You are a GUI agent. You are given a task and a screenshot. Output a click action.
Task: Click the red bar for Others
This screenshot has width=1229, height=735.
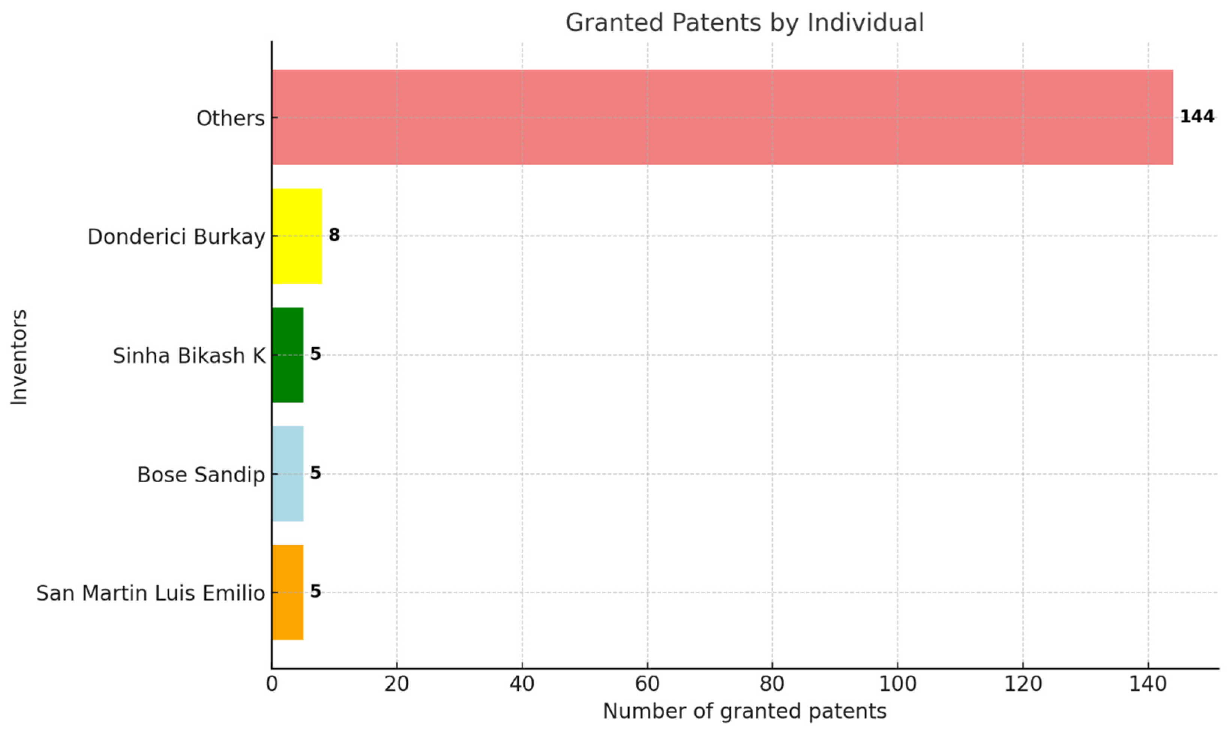pyautogui.click(x=722, y=117)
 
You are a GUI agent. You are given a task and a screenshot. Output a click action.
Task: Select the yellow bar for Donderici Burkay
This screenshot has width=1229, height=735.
pyautogui.click(x=297, y=236)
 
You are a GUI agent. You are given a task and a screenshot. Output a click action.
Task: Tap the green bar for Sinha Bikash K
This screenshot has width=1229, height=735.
pyautogui.click(x=287, y=355)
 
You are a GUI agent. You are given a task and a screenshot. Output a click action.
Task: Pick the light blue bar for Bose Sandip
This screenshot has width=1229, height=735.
pyautogui.click(x=287, y=474)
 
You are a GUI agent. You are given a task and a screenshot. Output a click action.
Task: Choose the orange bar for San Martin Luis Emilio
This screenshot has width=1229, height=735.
pyautogui.click(x=287, y=592)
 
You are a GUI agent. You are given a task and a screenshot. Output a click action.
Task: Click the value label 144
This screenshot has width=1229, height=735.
pyautogui.click(x=1196, y=117)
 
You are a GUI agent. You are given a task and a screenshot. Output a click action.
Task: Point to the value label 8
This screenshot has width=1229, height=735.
pyautogui.click(x=335, y=235)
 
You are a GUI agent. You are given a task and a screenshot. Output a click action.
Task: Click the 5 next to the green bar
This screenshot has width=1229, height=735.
pyautogui.click(x=315, y=354)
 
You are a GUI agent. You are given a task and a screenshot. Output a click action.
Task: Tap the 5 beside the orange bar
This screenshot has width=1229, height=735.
pyautogui.click(x=315, y=591)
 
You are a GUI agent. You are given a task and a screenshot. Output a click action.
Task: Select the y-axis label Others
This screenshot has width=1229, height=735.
pyautogui.click(x=230, y=118)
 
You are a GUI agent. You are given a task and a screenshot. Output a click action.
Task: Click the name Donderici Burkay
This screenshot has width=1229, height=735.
pyautogui.click(x=176, y=237)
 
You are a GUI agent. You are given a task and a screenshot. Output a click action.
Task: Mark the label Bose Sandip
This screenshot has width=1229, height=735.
pyautogui.click(x=201, y=474)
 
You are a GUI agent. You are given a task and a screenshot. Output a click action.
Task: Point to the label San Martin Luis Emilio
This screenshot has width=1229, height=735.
pyautogui.click(x=151, y=593)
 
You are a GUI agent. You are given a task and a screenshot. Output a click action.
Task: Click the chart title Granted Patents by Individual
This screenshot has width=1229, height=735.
pyautogui.click(x=744, y=23)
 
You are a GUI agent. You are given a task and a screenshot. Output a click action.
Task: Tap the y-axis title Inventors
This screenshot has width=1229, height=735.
pyautogui.click(x=19, y=357)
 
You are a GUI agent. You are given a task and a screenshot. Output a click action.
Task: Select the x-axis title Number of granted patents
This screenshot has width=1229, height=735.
pyautogui.click(x=744, y=711)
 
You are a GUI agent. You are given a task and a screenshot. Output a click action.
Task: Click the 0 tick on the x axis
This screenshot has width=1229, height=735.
pyautogui.click(x=272, y=684)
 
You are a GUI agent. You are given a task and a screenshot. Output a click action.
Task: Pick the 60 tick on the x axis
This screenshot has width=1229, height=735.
pyautogui.click(x=647, y=684)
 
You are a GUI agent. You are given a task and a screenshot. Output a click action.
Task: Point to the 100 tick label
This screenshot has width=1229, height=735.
pyautogui.click(x=897, y=684)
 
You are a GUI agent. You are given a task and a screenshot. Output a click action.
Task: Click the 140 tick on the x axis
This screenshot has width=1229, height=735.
pyautogui.click(x=1148, y=684)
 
